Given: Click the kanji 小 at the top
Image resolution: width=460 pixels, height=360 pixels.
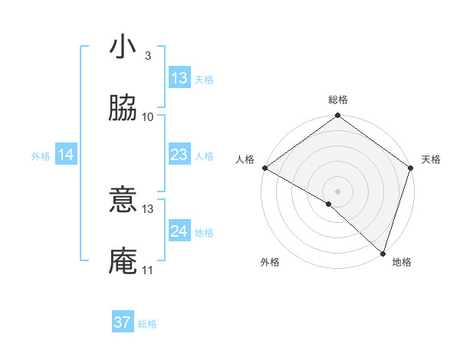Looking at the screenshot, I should tap(123, 48).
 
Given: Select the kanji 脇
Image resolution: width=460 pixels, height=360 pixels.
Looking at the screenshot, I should tap(123, 110).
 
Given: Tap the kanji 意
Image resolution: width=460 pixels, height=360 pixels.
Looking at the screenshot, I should tap(123, 201).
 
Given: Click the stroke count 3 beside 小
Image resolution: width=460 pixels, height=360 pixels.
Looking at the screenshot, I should tap(147, 56).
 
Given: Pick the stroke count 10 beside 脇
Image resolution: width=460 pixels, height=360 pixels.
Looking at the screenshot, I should tap(148, 117).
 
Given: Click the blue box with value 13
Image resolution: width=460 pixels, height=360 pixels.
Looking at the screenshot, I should tap(179, 78).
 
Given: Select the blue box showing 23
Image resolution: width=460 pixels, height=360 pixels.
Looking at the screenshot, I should tap(179, 155).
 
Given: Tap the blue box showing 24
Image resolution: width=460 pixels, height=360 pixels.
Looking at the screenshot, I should tap(179, 231).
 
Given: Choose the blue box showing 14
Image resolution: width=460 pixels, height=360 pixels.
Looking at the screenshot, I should tap(66, 155).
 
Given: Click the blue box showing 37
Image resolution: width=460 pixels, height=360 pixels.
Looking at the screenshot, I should tap(123, 322).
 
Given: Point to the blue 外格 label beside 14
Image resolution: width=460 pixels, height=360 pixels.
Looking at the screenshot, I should tap(41, 155).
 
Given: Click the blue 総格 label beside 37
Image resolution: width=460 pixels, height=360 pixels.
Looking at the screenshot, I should tap(147, 324).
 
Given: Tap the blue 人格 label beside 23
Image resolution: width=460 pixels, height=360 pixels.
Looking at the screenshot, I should tap(204, 155).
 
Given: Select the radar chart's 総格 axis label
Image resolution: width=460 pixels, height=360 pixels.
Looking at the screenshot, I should tap(338, 100).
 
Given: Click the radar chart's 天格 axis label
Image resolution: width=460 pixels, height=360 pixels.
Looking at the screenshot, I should tap(431, 159).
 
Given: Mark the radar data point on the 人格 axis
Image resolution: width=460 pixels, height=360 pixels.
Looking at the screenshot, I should tap(264, 168).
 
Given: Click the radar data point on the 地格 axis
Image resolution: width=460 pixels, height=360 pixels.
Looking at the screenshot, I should tap(383, 254).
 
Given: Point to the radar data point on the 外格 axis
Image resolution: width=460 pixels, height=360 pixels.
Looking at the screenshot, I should tap(329, 204).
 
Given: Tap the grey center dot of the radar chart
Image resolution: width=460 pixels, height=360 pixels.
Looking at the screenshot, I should tap(337, 191).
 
